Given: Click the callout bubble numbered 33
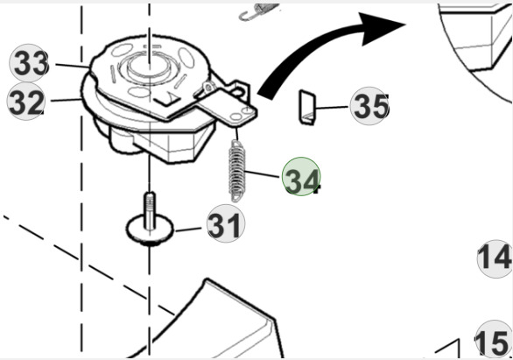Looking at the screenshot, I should tap(30, 64).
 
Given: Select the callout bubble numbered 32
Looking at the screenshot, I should tap(27, 102).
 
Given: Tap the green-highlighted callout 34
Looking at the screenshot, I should tap(301, 179).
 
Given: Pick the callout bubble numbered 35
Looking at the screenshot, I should tap(369, 107).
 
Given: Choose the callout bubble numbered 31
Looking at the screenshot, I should tap(226, 225).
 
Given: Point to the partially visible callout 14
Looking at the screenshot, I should tap(495, 258).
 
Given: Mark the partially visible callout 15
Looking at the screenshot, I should tap(495, 341).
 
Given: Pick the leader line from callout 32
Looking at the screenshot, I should tap(65, 100).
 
